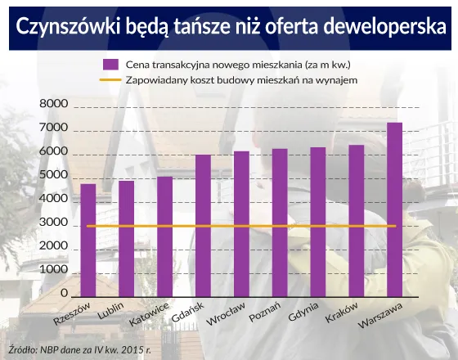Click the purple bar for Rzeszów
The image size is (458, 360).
point(88,241)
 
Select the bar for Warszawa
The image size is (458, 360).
point(394,209)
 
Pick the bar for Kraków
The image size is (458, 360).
point(356,221)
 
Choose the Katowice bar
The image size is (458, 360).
point(164,236)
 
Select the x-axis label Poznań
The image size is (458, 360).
point(265,313)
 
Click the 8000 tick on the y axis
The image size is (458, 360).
point(53,105)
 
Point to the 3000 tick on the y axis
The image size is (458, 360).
point(53,223)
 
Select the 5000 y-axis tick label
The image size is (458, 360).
point(53,175)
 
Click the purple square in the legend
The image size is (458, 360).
point(108,64)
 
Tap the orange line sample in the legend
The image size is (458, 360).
point(108,80)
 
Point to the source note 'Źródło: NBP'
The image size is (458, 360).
point(41,348)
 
